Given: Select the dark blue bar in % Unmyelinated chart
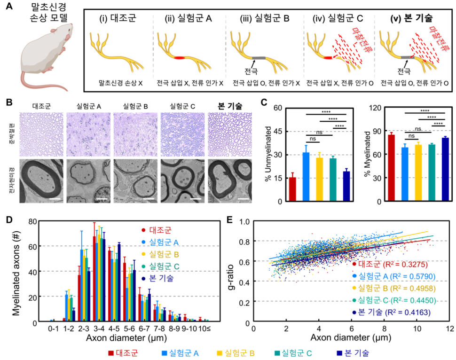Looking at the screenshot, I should (x=346, y=186).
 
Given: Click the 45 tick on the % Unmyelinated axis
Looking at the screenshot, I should (x=278, y=131).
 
